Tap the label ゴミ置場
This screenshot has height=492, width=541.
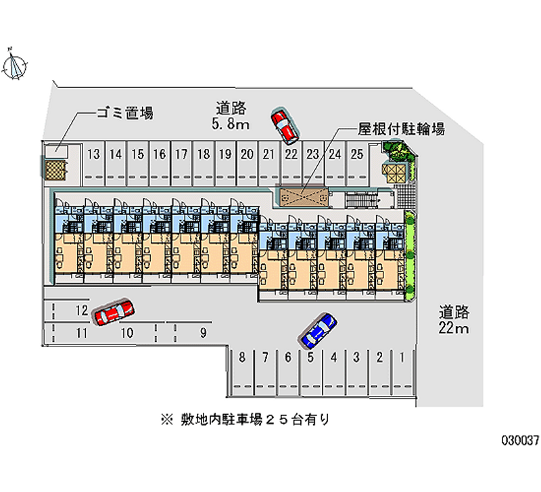point(124,113)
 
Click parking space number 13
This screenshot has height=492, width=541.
point(94,154)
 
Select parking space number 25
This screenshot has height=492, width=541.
point(356,154)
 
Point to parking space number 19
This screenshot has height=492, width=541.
point(225,154)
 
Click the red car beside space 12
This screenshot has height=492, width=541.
point(114,313)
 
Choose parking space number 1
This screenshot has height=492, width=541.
point(402,357)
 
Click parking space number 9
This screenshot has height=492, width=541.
point(202,332)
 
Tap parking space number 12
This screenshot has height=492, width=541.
point(82,311)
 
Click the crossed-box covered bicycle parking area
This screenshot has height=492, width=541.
point(303,197)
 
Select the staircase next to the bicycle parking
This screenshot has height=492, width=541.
point(358,198)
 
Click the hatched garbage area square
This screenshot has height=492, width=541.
point(56,166)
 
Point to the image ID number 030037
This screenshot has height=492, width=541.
point(519,439)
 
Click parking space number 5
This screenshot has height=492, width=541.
point(310,357)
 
